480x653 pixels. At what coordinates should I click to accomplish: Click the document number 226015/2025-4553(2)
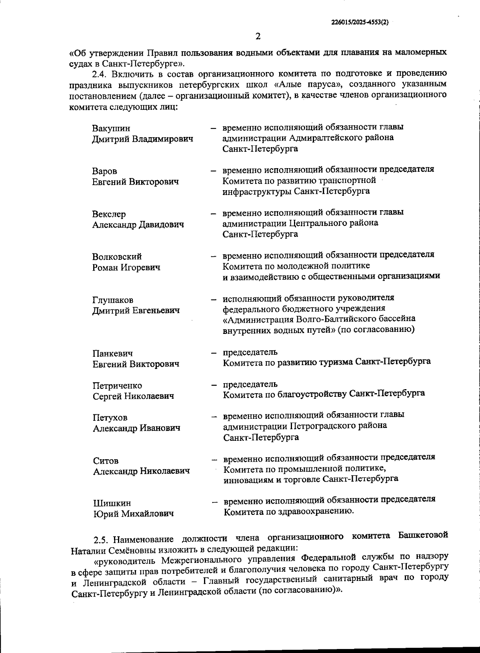[360, 22]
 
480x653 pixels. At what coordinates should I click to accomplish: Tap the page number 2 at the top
[258, 36]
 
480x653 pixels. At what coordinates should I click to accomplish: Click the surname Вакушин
[111, 129]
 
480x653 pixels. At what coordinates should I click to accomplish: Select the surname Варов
[104, 171]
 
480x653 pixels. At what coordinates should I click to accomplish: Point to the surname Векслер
[109, 214]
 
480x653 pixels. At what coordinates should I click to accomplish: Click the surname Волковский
[117, 257]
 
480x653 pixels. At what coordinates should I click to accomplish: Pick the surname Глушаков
[113, 300]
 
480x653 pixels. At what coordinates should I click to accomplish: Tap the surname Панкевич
[112, 354]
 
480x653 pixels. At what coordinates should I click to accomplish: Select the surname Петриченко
[117, 386]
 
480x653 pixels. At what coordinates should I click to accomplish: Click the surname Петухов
[110, 418]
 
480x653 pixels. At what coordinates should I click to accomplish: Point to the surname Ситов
[106, 461]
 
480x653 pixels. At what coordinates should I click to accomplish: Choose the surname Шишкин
[112, 503]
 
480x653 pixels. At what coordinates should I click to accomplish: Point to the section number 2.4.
[100, 74]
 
